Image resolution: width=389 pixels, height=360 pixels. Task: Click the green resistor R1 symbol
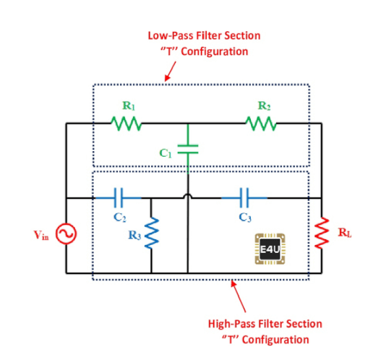[x=127, y=124]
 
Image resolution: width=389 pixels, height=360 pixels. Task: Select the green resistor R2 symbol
[x=261, y=124]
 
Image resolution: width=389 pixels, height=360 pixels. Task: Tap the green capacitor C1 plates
[x=188, y=149]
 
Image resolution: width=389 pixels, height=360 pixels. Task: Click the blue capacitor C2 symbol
[x=118, y=198]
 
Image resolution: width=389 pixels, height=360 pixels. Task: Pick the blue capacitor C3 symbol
[x=244, y=198]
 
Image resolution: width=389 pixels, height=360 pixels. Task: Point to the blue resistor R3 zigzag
[x=151, y=233]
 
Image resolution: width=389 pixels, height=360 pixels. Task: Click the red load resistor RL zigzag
[x=322, y=232]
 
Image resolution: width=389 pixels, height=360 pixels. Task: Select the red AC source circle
[x=66, y=233]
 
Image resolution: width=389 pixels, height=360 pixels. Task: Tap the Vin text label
[x=41, y=235]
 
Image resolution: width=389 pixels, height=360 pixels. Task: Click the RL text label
[x=345, y=233]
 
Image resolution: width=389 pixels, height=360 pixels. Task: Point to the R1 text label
[x=129, y=106]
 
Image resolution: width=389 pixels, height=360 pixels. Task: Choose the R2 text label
[x=264, y=106]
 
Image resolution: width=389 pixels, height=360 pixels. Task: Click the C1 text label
[x=166, y=153]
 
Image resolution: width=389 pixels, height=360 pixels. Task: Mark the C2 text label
[x=120, y=218]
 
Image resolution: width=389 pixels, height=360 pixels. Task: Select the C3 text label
[x=245, y=218]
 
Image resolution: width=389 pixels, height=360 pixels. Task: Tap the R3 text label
[x=134, y=235]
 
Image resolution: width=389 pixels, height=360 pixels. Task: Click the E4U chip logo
[x=270, y=249]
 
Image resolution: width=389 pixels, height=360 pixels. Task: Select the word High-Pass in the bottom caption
[x=231, y=324]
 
